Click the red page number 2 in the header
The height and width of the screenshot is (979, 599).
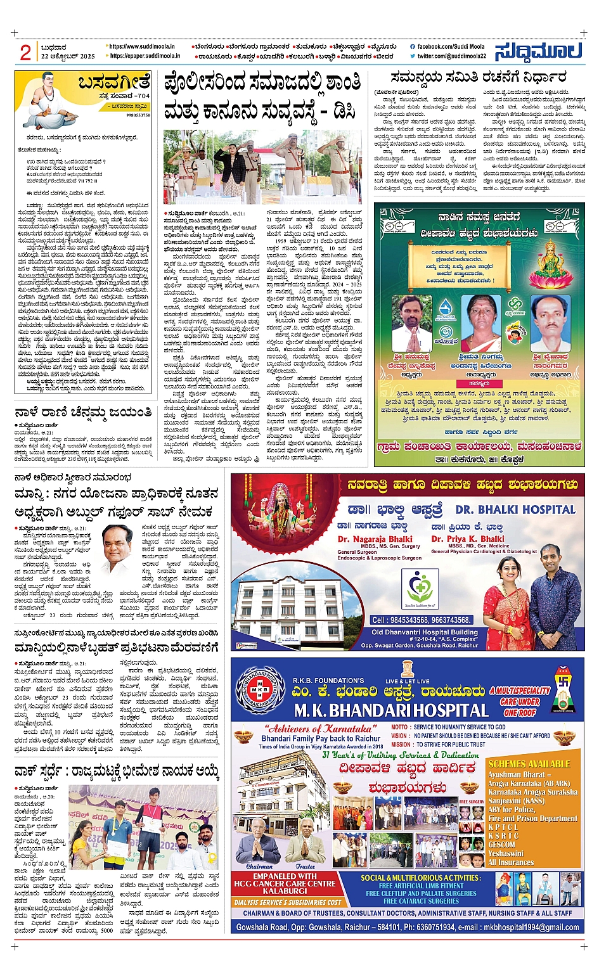25,53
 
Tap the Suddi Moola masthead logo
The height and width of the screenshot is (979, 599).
539,51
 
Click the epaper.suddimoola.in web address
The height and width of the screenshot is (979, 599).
145,56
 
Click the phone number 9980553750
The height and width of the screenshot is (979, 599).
138,116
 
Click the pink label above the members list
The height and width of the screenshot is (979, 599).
479,384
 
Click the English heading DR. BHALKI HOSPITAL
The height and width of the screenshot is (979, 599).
515,509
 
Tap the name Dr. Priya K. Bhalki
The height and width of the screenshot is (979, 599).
468,539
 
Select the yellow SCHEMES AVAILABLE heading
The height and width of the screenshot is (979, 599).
529,764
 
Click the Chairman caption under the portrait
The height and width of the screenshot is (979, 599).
259,866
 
